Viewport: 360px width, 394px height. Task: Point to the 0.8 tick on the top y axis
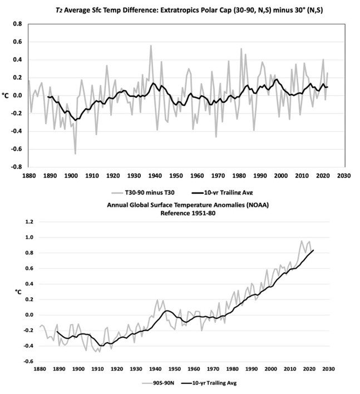click(x=17, y=24)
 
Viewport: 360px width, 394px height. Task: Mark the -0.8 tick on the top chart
click(x=16, y=166)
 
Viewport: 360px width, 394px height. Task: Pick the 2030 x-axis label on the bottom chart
click(x=328, y=369)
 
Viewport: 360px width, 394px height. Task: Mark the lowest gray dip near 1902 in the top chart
click(x=75, y=154)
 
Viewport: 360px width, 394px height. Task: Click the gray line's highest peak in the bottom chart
click(x=302, y=241)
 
